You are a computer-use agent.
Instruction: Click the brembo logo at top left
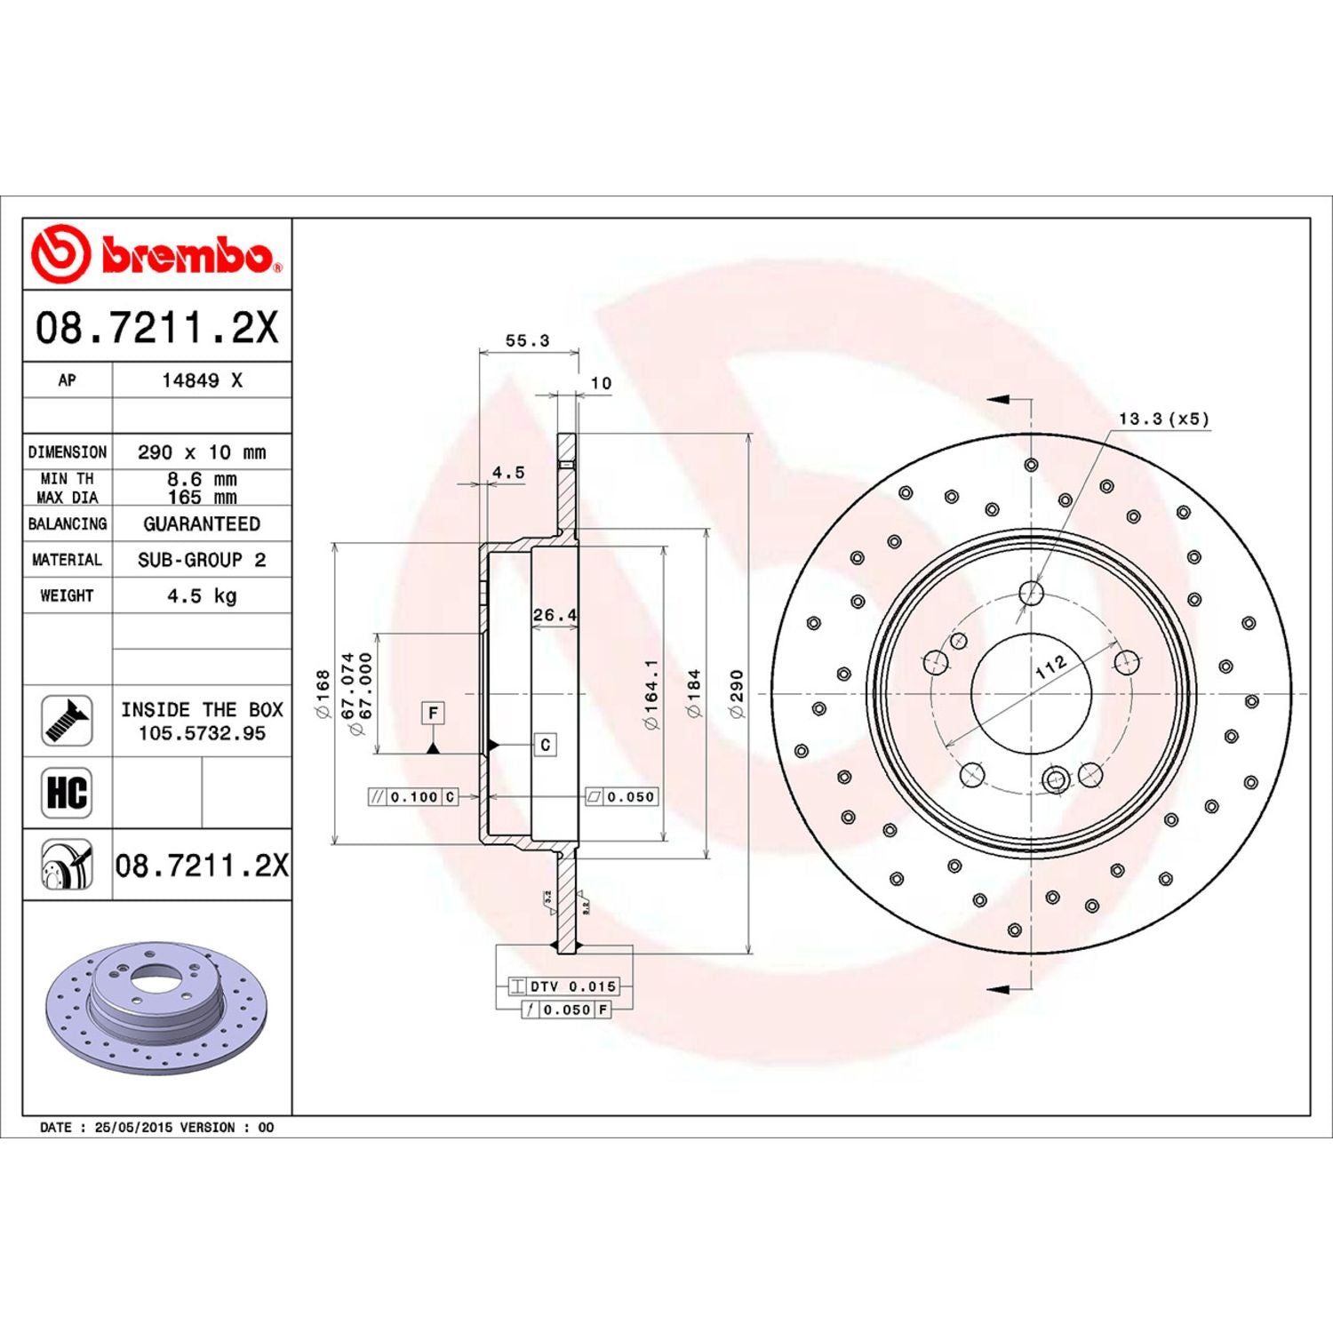pyautogui.click(x=156, y=254)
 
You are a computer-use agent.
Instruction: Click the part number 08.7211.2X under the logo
pyautogui.click(x=156, y=327)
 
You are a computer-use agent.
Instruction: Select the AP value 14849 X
pyautogui.click(x=202, y=380)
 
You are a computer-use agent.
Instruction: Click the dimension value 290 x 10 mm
pyautogui.click(x=202, y=451)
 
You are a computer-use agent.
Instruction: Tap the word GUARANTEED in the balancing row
pyautogui.click(x=202, y=523)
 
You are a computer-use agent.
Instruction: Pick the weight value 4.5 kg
pyautogui.click(x=202, y=595)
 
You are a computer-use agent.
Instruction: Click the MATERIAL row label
pyautogui.click(x=67, y=560)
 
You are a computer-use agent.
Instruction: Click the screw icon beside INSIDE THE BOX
pyautogui.click(x=67, y=721)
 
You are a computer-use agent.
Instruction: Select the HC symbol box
pyautogui.click(x=67, y=793)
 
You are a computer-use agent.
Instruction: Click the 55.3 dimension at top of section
pyautogui.click(x=527, y=340)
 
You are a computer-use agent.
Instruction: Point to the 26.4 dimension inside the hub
pyautogui.click(x=555, y=615)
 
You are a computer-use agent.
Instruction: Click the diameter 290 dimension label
pyautogui.click(x=737, y=693)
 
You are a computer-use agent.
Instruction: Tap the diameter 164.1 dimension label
pyautogui.click(x=652, y=693)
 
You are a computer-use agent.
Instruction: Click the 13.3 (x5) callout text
pyautogui.click(x=1163, y=419)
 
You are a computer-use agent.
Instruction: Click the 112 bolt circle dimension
pyautogui.click(x=1050, y=667)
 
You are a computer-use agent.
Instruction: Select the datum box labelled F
pyautogui.click(x=433, y=713)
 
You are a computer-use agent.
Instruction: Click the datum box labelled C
pyautogui.click(x=545, y=745)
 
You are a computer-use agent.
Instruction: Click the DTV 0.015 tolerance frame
pyautogui.click(x=563, y=986)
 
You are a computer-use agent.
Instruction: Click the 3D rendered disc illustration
pyautogui.click(x=156, y=1009)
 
